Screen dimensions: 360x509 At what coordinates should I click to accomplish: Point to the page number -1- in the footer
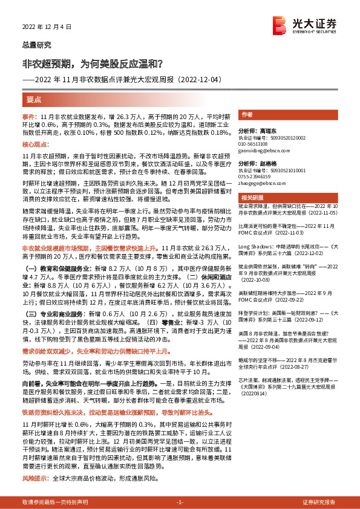coord(180,502)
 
